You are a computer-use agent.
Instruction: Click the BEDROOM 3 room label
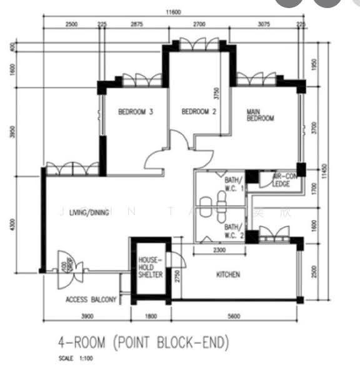(136, 112)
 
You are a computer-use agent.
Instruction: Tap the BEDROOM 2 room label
(199, 112)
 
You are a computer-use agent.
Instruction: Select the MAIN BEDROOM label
(260, 115)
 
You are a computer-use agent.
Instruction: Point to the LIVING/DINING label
(89, 212)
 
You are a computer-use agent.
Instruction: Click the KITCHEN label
(228, 274)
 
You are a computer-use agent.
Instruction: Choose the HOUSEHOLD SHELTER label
(150, 267)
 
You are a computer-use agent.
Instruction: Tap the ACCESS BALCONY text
(91, 301)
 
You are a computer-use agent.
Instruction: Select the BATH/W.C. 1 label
(233, 184)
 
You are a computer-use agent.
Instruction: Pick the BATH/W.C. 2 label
(233, 231)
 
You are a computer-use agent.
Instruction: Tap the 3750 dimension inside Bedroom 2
(217, 94)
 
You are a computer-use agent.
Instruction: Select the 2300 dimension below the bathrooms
(219, 250)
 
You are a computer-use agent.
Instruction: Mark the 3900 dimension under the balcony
(87, 317)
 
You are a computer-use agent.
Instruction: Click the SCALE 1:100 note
(76, 360)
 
